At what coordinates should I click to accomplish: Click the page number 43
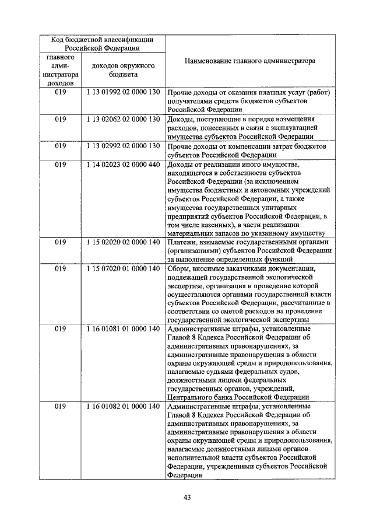pyautogui.click(x=187, y=497)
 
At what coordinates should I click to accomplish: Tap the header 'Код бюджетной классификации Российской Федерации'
pyautogui.click(x=103, y=44)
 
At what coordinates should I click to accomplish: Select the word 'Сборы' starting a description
pyautogui.click(x=178, y=268)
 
